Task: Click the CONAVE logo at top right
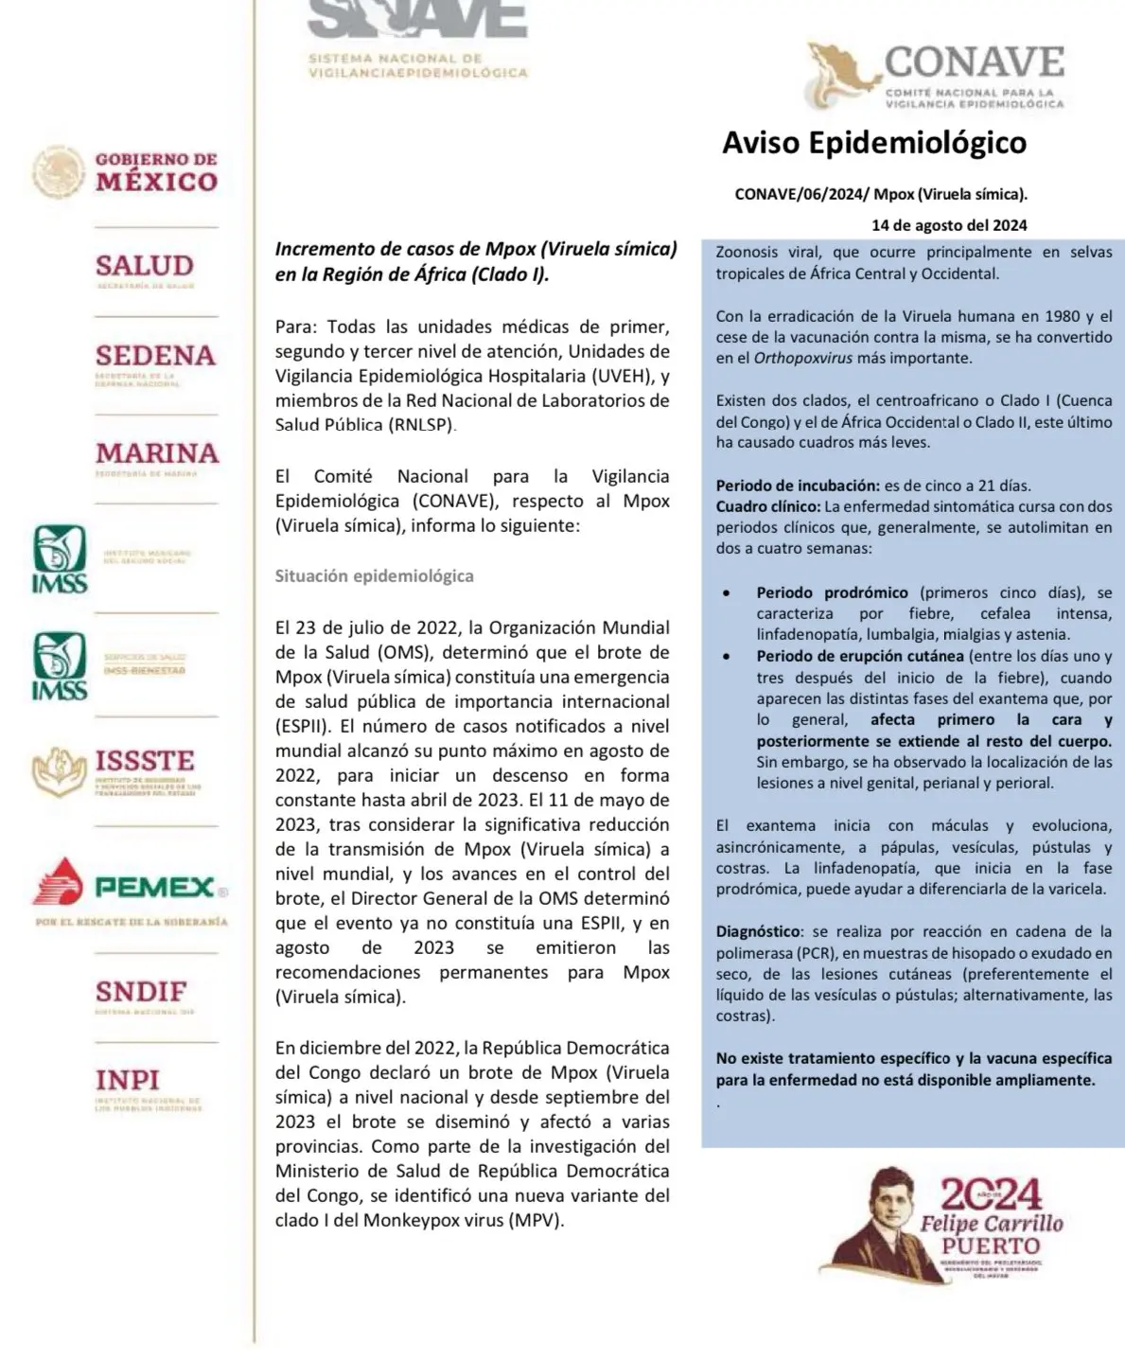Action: tap(936, 77)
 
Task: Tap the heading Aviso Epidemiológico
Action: tap(873, 143)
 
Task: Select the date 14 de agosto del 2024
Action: tap(949, 225)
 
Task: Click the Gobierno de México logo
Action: tap(126, 172)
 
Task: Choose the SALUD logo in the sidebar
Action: tap(144, 269)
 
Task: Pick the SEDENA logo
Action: tap(155, 361)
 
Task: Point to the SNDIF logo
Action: tap(141, 996)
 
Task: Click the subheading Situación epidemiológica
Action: tap(374, 575)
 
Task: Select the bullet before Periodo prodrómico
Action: tap(726, 593)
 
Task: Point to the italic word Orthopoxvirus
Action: tap(802, 359)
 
